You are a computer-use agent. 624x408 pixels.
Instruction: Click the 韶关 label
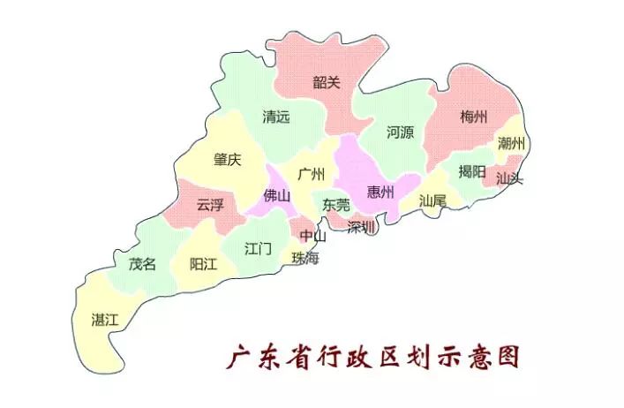tap(327, 83)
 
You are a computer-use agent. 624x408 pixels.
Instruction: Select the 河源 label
tap(400, 133)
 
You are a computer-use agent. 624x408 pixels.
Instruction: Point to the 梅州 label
tap(474, 117)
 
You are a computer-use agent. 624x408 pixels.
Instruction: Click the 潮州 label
tap(511, 143)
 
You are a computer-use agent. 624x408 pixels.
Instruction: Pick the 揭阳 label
tap(471, 171)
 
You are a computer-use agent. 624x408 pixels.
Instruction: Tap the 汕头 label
tap(509, 178)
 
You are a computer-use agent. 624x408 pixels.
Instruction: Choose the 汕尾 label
tap(432, 200)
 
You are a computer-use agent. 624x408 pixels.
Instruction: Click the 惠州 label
tap(380, 193)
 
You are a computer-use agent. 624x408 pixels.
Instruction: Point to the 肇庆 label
tap(227, 160)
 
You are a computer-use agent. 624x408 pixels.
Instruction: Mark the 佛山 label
tap(276, 196)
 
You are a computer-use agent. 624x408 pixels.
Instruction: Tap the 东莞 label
tap(336, 204)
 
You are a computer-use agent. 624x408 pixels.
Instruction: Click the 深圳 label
tap(361, 227)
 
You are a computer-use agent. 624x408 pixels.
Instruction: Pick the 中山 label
tap(312, 236)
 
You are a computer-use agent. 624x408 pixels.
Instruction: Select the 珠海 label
tap(305, 258)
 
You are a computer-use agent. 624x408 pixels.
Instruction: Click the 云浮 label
tap(209, 205)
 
